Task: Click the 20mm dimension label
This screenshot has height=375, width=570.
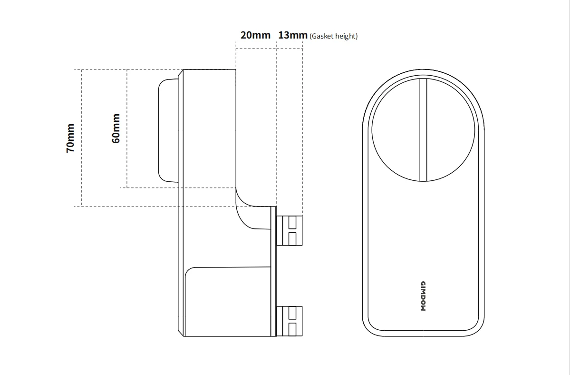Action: (256, 35)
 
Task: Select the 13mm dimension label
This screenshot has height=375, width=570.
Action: (293, 35)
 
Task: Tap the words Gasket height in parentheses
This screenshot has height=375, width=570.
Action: (334, 36)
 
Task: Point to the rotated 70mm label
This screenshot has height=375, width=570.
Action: (70, 138)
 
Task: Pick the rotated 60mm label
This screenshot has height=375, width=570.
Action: (116, 128)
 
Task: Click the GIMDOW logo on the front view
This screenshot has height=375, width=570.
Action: (423, 296)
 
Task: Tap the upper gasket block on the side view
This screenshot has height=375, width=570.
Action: (290, 231)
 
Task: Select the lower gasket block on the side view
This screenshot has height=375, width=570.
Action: (290, 321)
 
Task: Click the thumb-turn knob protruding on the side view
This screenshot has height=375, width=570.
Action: (168, 130)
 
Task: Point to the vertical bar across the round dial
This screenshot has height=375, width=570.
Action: (423, 129)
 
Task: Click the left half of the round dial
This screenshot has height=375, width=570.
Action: (396, 129)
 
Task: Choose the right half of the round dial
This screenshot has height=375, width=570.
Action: (451, 129)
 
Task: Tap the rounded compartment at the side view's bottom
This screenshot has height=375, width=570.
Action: (228, 302)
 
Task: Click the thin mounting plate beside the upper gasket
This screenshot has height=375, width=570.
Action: (274, 271)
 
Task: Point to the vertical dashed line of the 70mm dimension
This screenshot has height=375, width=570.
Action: (81, 138)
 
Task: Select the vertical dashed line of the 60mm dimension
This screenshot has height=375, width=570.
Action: (127, 128)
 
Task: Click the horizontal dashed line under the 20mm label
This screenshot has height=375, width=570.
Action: (256, 49)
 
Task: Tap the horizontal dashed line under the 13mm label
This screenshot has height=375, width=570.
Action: (290, 49)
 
